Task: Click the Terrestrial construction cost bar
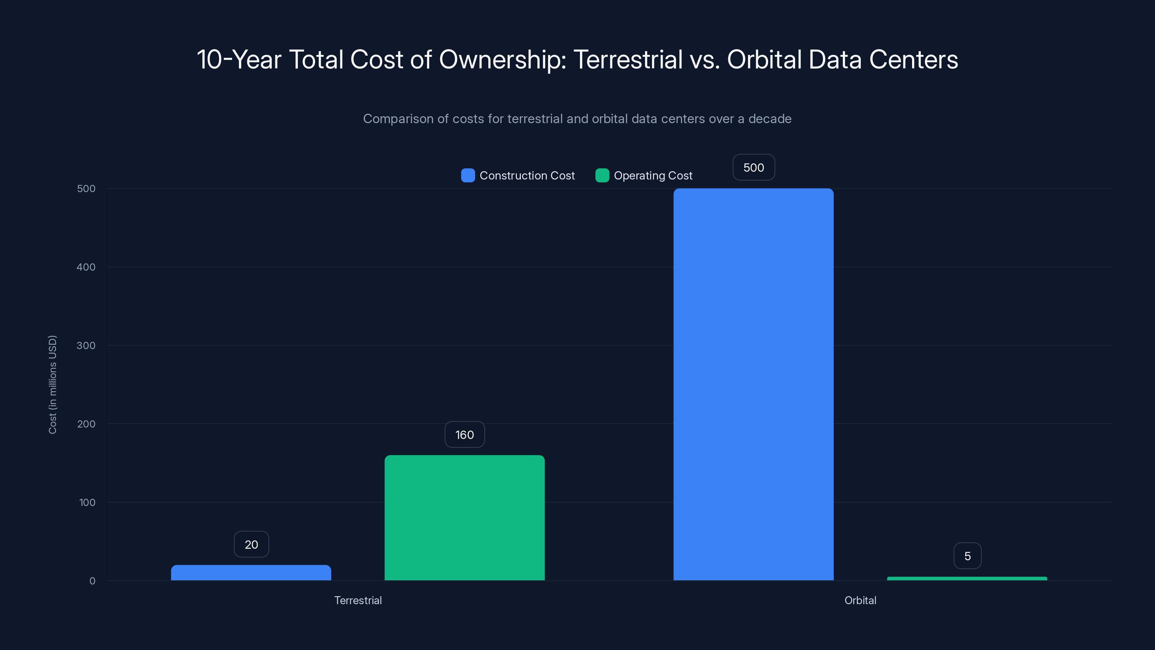(251, 573)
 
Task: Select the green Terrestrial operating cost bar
(465, 518)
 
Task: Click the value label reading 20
(252, 545)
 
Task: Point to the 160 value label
(465, 435)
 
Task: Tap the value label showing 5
(968, 556)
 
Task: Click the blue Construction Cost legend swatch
(468, 175)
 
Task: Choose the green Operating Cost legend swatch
(602, 175)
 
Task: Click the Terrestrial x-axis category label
(358, 600)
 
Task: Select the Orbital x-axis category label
(860, 600)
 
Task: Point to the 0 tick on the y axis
(92, 581)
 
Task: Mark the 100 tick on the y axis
(87, 502)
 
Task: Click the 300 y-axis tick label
(86, 346)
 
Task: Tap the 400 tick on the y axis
(86, 267)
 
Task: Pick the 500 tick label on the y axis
(86, 188)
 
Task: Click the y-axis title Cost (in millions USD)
(52, 385)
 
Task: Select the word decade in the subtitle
(770, 119)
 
